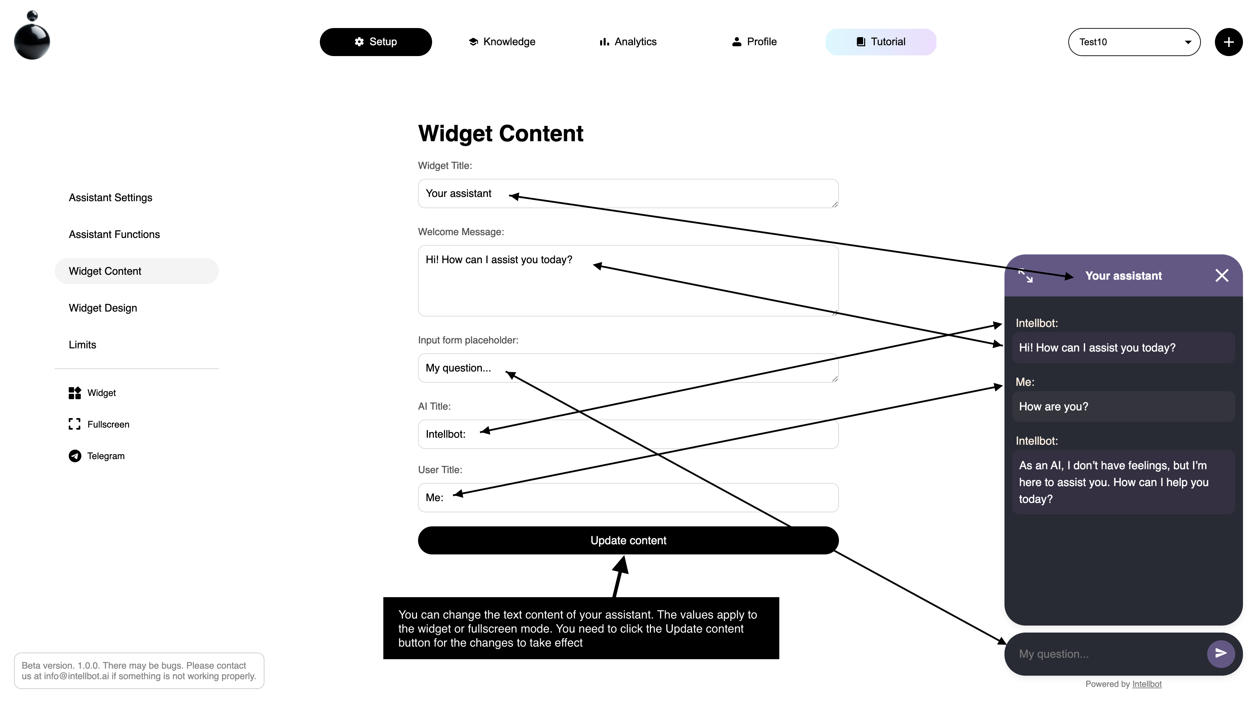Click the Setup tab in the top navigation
coord(376,42)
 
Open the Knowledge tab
coord(502,42)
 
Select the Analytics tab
coord(628,42)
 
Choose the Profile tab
coord(754,42)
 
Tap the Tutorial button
coord(881,42)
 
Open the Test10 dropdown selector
coord(1134,42)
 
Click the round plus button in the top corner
coord(1229,42)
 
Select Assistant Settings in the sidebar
coord(111,197)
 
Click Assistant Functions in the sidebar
coord(114,234)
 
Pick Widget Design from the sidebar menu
coord(103,308)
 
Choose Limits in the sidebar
coord(82,345)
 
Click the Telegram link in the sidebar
coord(96,456)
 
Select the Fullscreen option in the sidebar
coord(99,424)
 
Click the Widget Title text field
coord(628,193)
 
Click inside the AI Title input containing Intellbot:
coord(628,434)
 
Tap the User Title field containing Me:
coord(628,498)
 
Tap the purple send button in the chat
coord(1221,654)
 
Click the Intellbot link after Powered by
coord(1147,684)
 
